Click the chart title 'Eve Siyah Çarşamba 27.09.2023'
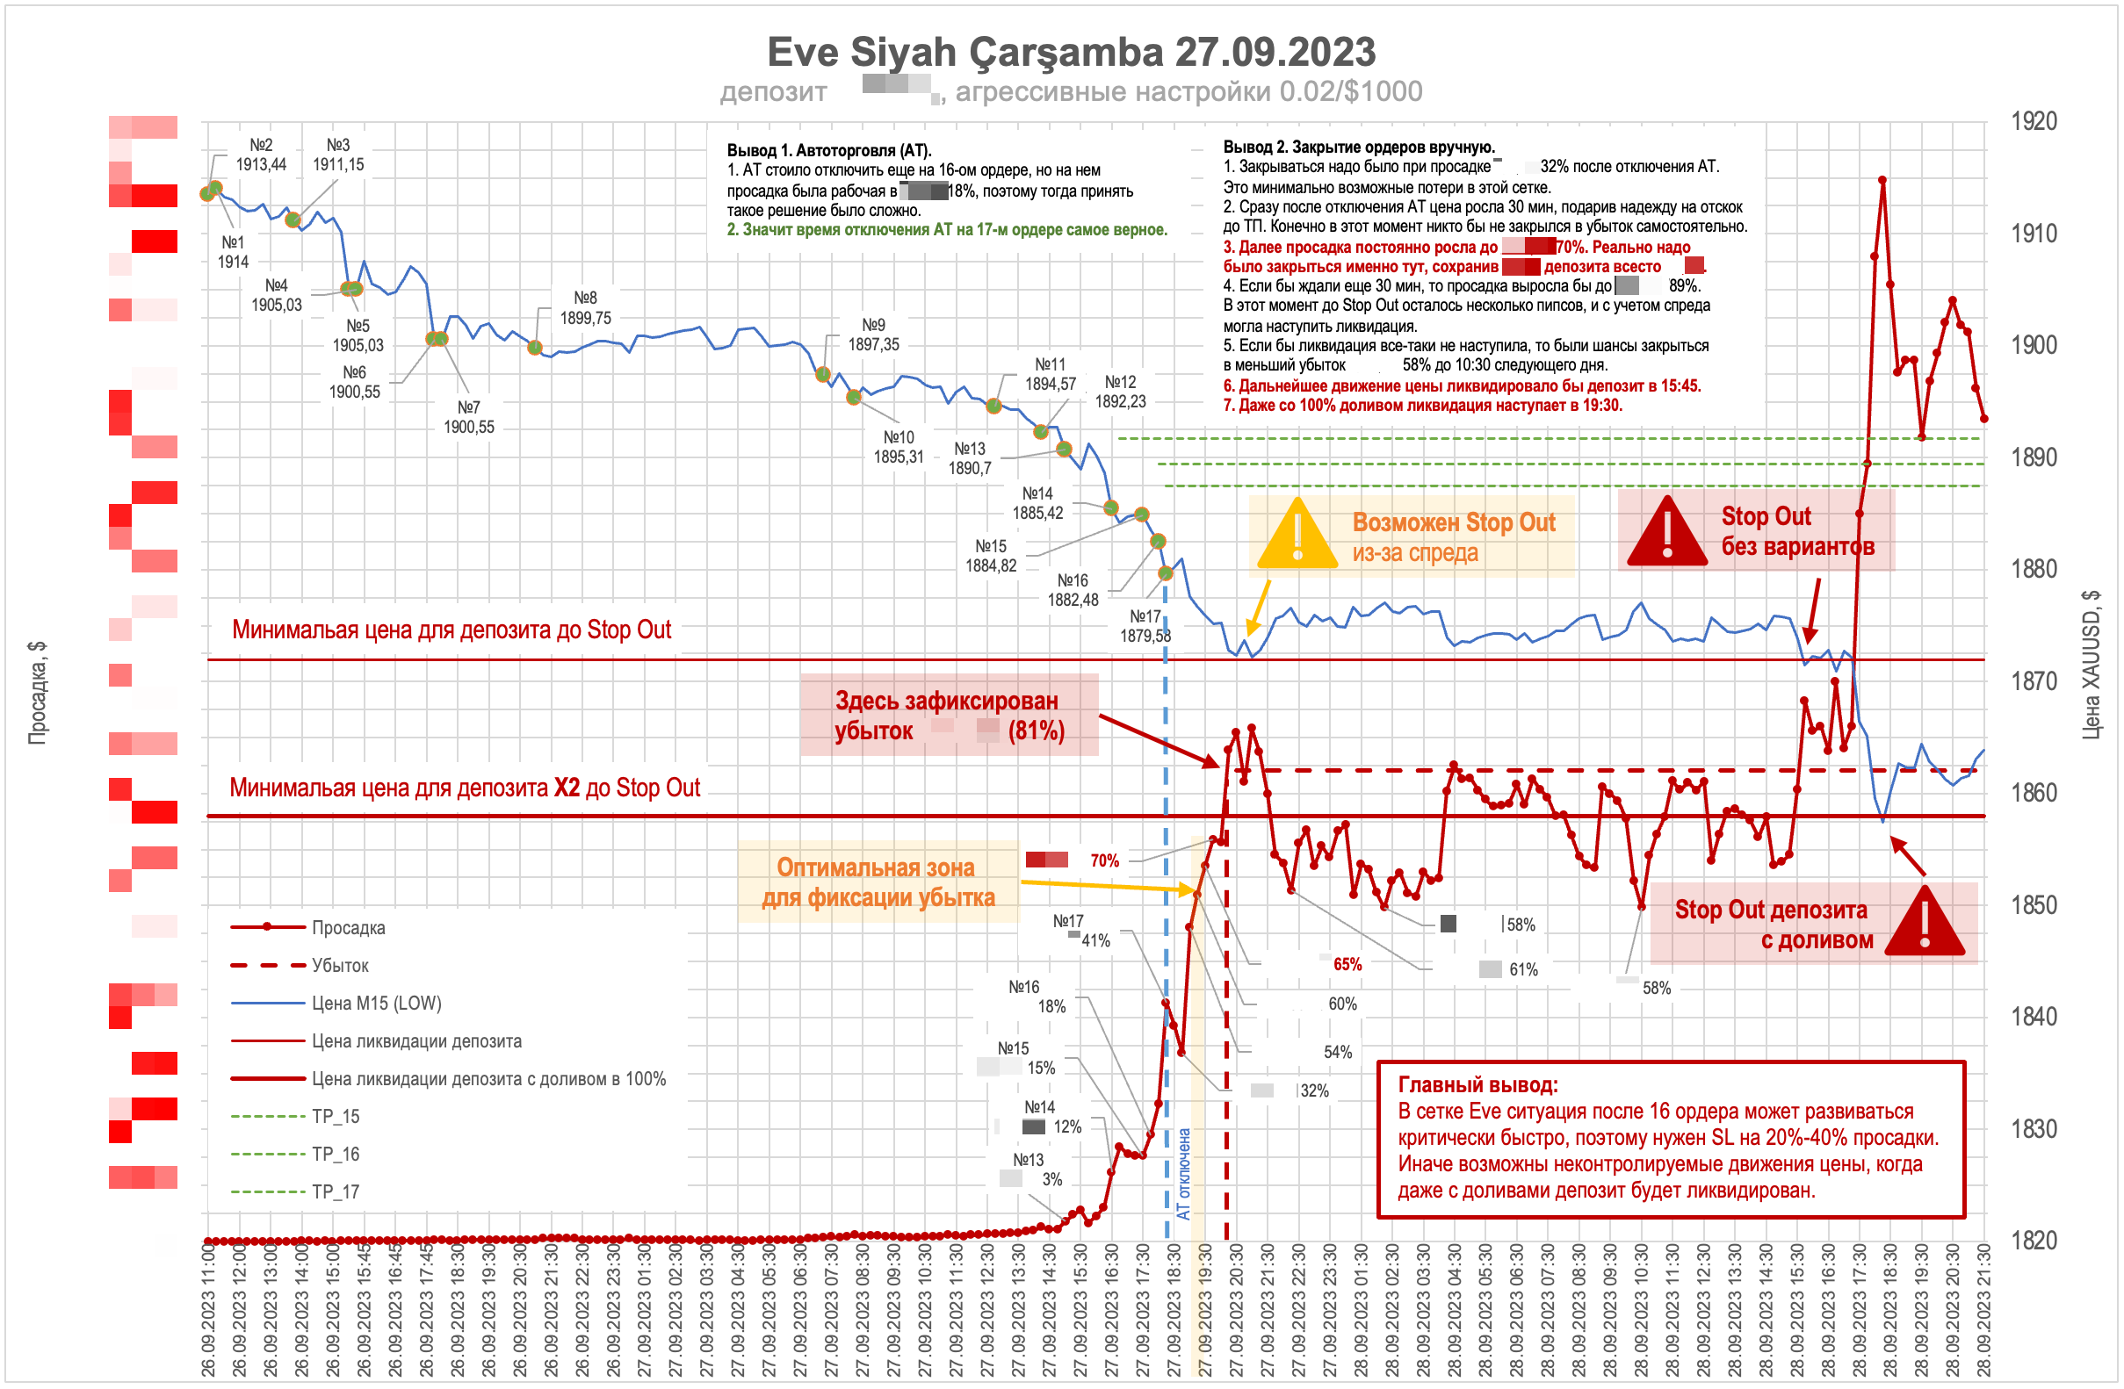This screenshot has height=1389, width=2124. tap(1071, 52)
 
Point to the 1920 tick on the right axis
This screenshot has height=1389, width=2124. tap(2034, 121)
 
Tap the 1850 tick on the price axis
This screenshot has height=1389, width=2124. tap(2034, 905)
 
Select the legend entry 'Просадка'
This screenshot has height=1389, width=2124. tap(348, 928)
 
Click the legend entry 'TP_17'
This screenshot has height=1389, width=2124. tap(336, 1191)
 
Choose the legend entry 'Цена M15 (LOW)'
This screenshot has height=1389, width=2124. tap(376, 1004)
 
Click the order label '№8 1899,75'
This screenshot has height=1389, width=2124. tap(585, 308)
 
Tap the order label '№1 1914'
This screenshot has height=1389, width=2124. tap(233, 252)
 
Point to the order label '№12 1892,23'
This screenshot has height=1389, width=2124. tap(1120, 392)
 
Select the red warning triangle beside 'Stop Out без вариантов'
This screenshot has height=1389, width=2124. tap(1666, 534)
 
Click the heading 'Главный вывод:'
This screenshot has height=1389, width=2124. tap(1477, 1085)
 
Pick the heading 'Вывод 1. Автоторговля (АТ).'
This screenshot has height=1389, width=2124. tap(829, 150)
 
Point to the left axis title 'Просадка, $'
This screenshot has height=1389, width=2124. tap(37, 692)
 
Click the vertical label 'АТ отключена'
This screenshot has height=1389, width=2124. tap(1183, 1174)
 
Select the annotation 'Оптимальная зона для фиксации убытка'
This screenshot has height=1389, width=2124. tap(878, 882)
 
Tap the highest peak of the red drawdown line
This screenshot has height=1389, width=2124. tap(1882, 180)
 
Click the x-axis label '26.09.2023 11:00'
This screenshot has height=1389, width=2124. tap(209, 1311)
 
